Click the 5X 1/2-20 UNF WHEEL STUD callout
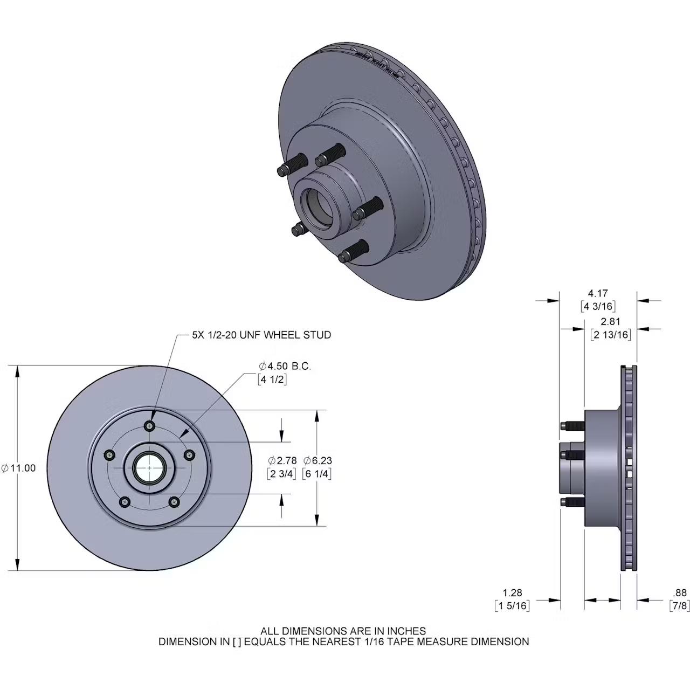pos(261,335)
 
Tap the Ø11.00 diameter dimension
pos(19,468)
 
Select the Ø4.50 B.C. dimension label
pos(285,366)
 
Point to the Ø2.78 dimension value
pos(282,460)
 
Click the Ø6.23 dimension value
pos(318,460)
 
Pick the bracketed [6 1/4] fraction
pos(318,474)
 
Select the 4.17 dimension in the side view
pos(598,293)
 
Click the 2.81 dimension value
pos(611,321)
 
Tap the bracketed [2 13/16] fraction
pos(611,335)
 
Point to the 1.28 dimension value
pos(512,593)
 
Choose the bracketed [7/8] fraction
pos(679,606)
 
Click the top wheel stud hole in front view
pos(150,426)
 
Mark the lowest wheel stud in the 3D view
pos(353,252)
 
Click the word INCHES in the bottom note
pos(408,631)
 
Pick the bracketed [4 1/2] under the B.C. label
pos(272,379)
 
